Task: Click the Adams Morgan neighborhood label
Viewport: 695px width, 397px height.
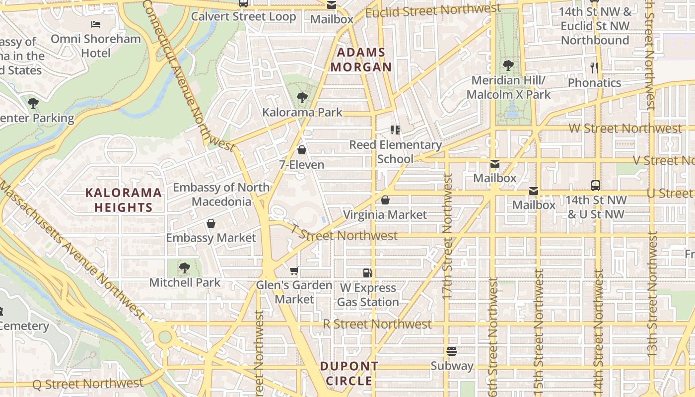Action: pos(361,60)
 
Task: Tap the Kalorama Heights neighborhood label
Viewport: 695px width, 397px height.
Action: pos(124,200)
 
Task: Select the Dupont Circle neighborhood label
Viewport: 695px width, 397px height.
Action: pos(349,374)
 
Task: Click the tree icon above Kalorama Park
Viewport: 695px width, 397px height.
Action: pos(302,98)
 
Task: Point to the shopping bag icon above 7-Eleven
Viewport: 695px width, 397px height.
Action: pos(302,150)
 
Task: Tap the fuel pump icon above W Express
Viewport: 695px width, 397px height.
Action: pos(367,272)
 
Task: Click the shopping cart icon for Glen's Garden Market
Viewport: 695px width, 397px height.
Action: pos(294,270)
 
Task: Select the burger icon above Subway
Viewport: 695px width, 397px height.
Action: pos(452,351)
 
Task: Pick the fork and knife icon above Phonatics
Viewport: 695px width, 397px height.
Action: pos(594,68)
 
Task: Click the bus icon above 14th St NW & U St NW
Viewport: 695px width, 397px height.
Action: pos(596,186)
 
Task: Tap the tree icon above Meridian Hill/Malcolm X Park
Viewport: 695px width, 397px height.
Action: pos(508,65)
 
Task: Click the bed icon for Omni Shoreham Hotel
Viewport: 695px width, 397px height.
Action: pos(96,24)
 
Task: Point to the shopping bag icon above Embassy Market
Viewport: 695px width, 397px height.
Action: pos(211,223)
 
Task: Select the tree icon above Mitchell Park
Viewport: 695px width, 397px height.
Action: pos(184,268)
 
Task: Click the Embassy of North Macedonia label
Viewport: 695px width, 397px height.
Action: pos(221,195)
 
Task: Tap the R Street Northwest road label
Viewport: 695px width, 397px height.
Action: pos(377,325)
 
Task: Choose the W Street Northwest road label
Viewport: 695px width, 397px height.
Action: pos(625,129)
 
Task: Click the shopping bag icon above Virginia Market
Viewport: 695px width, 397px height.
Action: pos(385,200)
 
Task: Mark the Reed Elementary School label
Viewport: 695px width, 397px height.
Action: pos(396,152)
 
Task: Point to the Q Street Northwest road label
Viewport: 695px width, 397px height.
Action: pos(88,384)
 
